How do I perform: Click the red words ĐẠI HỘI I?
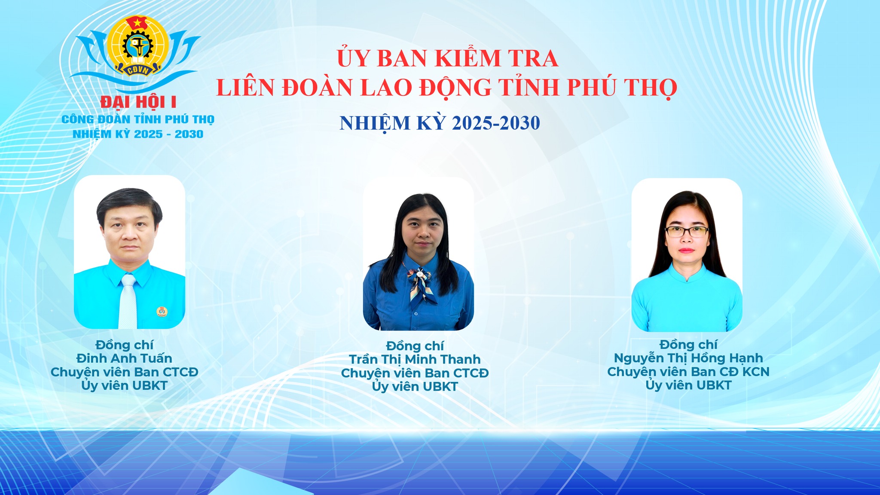(138, 102)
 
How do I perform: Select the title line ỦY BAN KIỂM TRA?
(447, 58)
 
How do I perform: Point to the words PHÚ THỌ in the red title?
(622, 87)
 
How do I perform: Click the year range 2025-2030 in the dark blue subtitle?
(496, 123)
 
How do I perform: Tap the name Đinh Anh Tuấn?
(124, 358)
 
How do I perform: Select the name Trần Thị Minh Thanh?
(415, 359)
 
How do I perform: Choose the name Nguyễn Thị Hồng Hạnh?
(688, 358)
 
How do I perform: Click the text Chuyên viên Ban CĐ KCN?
(688, 372)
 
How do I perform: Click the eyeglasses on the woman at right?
(687, 232)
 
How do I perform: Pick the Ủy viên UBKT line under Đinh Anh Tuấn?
(124, 386)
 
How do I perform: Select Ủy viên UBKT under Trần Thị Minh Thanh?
(415, 387)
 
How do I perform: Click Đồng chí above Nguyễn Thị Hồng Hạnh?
(688, 345)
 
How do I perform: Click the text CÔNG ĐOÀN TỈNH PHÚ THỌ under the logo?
(138, 119)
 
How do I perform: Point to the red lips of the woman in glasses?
(686, 251)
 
